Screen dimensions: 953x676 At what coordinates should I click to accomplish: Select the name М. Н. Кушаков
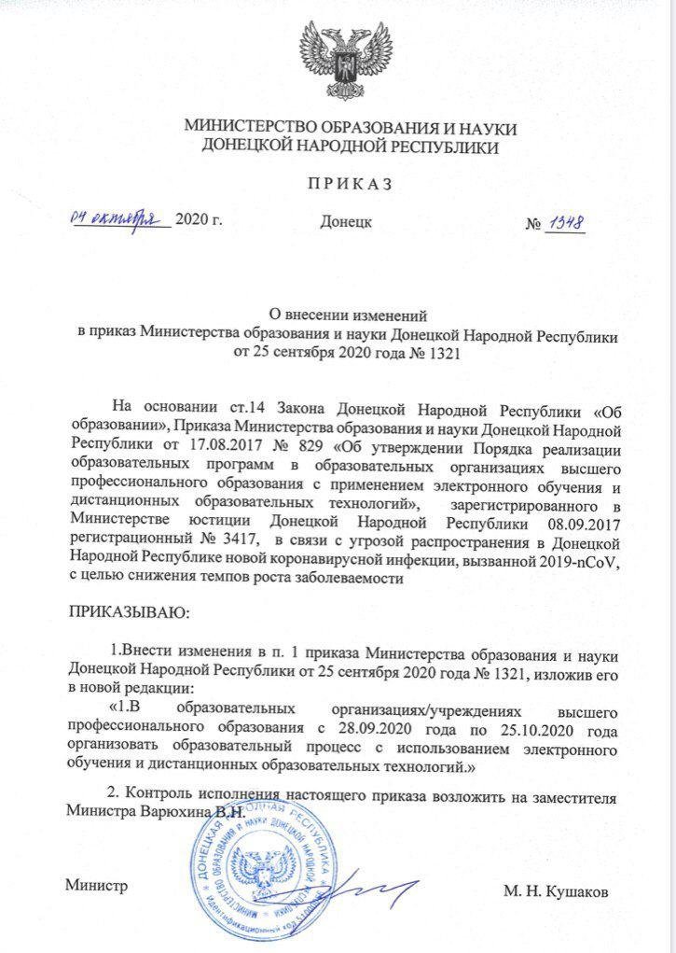pyautogui.click(x=556, y=892)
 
